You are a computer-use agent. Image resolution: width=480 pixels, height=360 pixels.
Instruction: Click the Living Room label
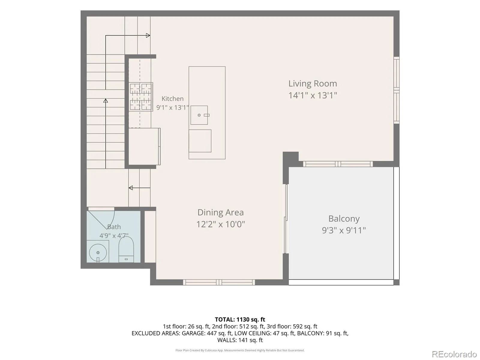pos(313,84)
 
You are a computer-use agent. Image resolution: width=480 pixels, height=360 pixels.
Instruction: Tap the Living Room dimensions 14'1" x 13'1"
pos(313,95)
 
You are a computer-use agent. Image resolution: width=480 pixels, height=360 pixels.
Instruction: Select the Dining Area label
pos(220,212)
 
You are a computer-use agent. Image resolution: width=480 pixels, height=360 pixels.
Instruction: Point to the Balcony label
pos(344,219)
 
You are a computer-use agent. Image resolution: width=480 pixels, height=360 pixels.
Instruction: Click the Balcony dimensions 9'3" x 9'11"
pos(344,230)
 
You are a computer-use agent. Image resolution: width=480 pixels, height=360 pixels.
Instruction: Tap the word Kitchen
pos(172,99)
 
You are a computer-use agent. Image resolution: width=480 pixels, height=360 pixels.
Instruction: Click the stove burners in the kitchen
pos(141,97)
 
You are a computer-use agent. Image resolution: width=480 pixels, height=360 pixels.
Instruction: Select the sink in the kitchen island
pos(199,115)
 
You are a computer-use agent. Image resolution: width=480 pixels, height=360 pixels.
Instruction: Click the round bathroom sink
pos(98,253)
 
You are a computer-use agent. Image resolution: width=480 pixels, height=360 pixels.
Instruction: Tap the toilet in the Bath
pos(126,250)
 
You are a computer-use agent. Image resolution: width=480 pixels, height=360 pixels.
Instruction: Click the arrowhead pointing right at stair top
pos(148,35)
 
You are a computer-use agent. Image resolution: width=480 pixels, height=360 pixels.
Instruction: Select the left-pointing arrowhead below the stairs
pos(130,188)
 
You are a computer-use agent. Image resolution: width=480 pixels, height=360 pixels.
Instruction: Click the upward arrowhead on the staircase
pos(106,101)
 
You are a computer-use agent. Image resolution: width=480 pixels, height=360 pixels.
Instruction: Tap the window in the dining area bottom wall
pos(219,282)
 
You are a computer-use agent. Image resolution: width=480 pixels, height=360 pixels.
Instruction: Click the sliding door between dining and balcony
pos(286,219)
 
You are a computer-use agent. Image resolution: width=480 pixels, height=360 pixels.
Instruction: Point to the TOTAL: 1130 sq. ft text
pos(240,319)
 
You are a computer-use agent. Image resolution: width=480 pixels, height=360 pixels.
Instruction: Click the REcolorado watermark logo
pos(454,354)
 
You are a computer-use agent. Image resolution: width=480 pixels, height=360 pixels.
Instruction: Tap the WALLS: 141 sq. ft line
pos(240,340)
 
